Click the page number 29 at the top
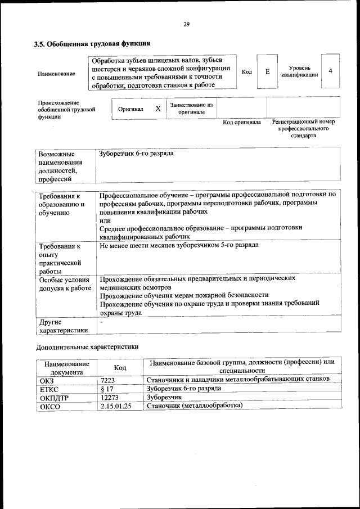tap(186, 24)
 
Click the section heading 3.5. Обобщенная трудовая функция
tap(92, 43)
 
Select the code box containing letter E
tap(267, 71)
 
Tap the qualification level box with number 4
tap(331, 71)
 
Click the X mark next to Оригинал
tap(158, 109)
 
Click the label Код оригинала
tap(242, 122)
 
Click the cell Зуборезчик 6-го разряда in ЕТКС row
tap(175, 388)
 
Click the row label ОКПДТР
tap(53, 397)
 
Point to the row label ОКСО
tap(49, 406)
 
